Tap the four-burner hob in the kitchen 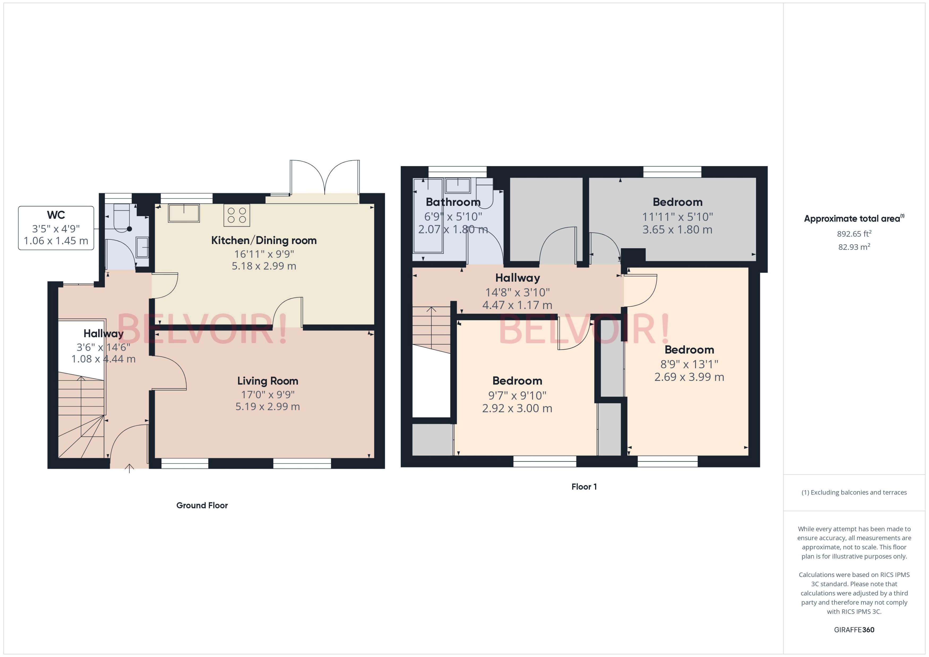pos(237,215)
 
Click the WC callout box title pos(56,215)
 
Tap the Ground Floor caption pos(202,505)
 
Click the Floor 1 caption pos(584,487)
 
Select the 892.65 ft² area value pos(854,234)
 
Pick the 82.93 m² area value pos(854,247)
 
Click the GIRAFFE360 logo pos(854,630)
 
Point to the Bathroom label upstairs pos(453,202)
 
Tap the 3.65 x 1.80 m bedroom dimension pos(677,230)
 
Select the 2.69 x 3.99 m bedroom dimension pos(689,377)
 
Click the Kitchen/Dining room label pos(264,240)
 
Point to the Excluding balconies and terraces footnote pos(854,492)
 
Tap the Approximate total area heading pos(852,219)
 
